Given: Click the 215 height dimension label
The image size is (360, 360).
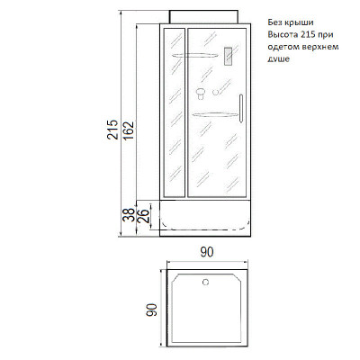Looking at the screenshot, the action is (113, 130).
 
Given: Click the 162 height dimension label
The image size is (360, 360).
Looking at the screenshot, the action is (129, 131).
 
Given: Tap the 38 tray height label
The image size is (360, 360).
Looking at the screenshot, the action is (129, 215).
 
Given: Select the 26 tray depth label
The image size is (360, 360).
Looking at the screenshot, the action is (144, 216).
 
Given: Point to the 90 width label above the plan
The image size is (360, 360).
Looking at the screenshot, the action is (207, 252).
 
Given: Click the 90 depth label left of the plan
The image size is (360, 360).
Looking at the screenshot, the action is (151, 310).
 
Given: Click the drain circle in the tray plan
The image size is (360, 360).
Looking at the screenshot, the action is (205, 282).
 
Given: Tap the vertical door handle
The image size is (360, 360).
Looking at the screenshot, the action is (240, 108).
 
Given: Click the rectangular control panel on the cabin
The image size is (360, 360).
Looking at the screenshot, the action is (229, 57).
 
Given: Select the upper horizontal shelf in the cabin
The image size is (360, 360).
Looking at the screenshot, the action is (194, 55).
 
